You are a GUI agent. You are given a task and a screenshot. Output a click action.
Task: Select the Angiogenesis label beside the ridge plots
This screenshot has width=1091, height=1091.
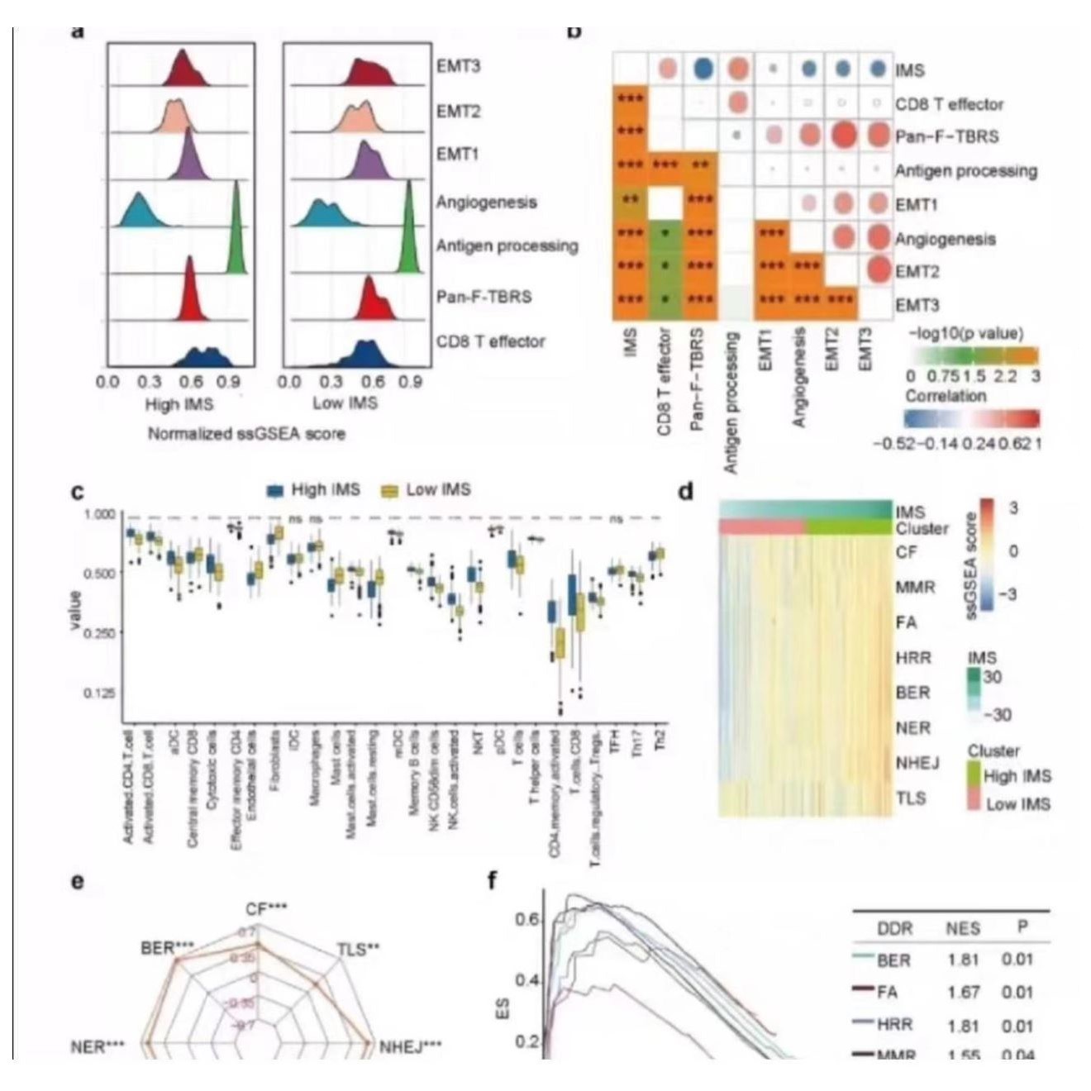pos(486,202)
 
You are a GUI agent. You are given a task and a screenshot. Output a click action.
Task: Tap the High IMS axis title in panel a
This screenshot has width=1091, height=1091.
pos(179,404)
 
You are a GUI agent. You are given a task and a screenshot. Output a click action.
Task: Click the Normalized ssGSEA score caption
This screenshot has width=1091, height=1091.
pos(246,434)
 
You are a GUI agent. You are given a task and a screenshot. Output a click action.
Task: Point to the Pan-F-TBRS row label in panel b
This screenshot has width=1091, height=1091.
pos(946,136)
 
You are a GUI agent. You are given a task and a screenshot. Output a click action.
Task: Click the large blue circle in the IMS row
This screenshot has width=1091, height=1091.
pos(703,69)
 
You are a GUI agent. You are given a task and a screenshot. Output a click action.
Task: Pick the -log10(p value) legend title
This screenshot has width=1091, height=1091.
pos(965,334)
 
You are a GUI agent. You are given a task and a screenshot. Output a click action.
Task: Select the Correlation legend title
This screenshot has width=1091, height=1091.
pos(946,396)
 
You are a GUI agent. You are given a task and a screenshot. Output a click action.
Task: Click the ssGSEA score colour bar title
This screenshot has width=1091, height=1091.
pos(971,565)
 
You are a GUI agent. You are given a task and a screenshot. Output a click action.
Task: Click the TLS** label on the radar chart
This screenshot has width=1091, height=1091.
pos(358,950)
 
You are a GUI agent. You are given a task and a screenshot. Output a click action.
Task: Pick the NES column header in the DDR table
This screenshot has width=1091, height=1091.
pos(963,928)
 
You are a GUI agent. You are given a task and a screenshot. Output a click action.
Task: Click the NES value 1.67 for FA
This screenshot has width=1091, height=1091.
pos(963,992)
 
